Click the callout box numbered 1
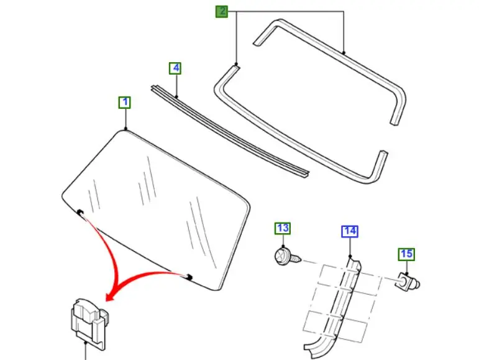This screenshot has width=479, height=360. pos(125,103)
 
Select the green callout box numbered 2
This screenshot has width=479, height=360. pos(222,12)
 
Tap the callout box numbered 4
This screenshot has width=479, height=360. pos(175,68)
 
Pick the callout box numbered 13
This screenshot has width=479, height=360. pos(283,228)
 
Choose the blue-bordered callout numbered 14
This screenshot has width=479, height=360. pos(350,231)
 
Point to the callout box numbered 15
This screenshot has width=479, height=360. pos(406,254)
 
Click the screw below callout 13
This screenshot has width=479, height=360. pos(288,257)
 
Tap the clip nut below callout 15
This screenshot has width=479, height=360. pos(408,282)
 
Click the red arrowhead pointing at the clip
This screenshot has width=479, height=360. pos(110,297)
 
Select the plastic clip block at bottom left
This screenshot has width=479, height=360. pos(89,323)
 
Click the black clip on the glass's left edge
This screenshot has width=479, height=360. pos(80,212)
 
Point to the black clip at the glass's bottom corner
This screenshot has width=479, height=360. pos(189,277)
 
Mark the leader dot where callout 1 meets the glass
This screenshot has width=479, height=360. pos(125,129)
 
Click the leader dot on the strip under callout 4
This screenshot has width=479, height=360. pos(177,97)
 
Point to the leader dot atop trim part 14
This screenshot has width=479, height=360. pos(350,256)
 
